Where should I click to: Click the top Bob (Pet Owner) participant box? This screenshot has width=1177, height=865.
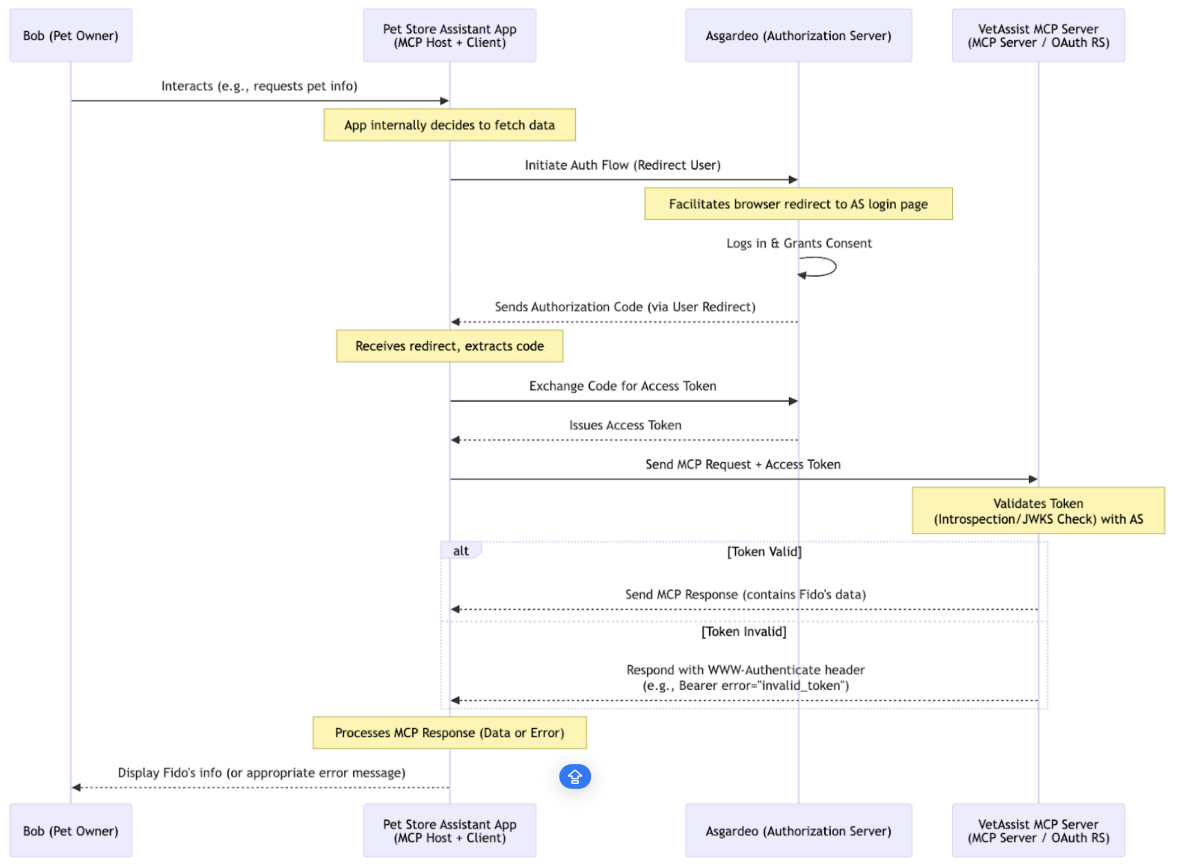[70, 36]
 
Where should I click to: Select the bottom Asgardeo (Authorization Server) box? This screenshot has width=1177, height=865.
[798, 831]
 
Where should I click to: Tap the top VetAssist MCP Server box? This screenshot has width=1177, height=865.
[1038, 36]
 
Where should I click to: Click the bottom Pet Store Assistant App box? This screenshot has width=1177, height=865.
[449, 831]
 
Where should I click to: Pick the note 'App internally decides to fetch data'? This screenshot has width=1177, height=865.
[449, 125]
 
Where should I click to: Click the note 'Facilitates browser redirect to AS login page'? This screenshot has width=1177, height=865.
[798, 204]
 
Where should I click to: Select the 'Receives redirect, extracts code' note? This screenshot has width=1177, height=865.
[449, 346]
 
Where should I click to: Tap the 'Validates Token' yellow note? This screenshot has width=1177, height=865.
[1038, 510]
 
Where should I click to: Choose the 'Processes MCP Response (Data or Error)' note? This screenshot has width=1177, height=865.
[449, 732]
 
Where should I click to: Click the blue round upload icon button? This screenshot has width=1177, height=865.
[575, 776]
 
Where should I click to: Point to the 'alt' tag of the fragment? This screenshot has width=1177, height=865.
[460, 551]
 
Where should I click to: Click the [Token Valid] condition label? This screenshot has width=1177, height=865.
[764, 552]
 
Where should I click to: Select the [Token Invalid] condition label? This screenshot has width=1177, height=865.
[744, 631]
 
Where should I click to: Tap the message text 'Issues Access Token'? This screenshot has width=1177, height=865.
[625, 425]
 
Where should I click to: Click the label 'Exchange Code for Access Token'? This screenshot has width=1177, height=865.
[622, 386]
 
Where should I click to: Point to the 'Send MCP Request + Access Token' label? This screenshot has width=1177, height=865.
[743, 464]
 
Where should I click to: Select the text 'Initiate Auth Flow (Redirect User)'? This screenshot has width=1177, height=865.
[622, 165]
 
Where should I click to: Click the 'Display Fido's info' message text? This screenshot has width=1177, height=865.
[261, 773]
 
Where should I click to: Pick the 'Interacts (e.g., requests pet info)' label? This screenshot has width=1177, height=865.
[259, 86]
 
